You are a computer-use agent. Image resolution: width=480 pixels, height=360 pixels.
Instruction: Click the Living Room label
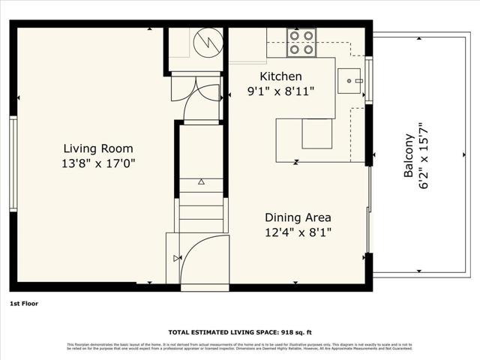pyautogui.click(x=99, y=148)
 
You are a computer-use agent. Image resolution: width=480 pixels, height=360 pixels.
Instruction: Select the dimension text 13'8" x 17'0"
pyautogui.click(x=99, y=163)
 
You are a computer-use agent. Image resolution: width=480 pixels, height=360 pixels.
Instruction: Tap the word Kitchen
pyautogui.click(x=280, y=76)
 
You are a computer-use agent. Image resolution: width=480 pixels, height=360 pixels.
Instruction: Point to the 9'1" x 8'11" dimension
pyautogui.click(x=280, y=91)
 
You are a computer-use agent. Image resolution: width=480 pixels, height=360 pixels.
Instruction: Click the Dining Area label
pyautogui.click(x=298, y=217)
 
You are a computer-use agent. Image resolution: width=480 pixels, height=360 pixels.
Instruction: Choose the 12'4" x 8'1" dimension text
pyautogui.click(x=298, y=232)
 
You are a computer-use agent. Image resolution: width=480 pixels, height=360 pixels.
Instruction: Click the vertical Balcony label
pyautogui.click(x=409, y=155)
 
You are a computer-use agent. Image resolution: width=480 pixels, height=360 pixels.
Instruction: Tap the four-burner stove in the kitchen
pyautogui.click(x=302, y=42)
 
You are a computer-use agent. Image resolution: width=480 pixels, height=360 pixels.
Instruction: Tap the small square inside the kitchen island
pyautogui.click(x=316, y=133)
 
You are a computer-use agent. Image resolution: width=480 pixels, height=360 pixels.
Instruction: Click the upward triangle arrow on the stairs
pyautogui.click(x=201, y=181)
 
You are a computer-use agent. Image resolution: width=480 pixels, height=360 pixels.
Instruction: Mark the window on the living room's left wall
pyautogui.click(x=13, y=163)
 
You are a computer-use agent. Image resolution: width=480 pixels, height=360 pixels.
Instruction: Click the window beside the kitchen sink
pyautogui.click(x=368, y=79)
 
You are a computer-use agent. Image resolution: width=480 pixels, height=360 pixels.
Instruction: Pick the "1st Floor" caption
pyautogui.click(x=24, y=304)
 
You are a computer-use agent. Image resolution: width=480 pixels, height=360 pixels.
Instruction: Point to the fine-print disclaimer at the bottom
pyautogui.click(x=240, y=346)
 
